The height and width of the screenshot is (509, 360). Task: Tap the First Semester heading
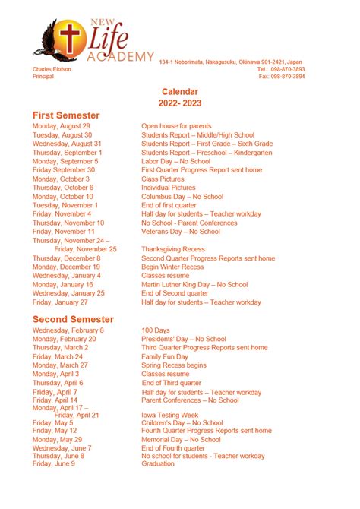66,115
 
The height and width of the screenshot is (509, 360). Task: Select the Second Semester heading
73,319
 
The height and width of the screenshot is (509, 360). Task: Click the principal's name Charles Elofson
52,68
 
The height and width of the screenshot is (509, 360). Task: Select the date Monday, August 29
62,126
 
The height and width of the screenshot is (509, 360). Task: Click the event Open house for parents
176,126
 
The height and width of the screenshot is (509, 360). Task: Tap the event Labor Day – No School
175,161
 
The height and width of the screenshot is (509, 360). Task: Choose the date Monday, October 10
63,196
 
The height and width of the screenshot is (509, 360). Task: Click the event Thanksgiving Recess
172,249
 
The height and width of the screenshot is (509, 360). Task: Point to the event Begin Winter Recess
172,267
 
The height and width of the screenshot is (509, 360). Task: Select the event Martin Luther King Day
194,284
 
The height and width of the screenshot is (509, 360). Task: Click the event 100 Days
155,330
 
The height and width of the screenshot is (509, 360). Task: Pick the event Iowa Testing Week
169,415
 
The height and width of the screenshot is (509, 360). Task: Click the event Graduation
157,463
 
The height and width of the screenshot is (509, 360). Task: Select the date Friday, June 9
54,463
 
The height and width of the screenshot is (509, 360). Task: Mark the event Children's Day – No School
182,422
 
